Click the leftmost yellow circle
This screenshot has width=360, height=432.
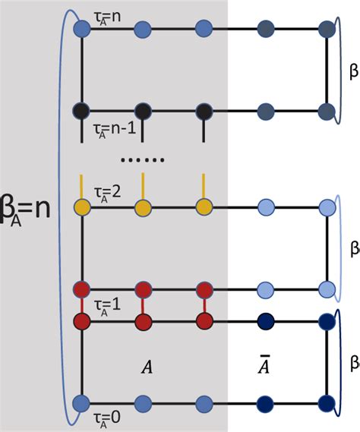[x=83, y=207]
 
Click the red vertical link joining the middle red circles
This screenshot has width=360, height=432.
[x=143, y=304]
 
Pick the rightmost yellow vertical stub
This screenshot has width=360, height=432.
[x=203, y=186]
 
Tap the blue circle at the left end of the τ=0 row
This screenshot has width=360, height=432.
[x=83, y=402]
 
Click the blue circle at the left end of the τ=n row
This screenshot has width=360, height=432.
[x=83, y=30]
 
